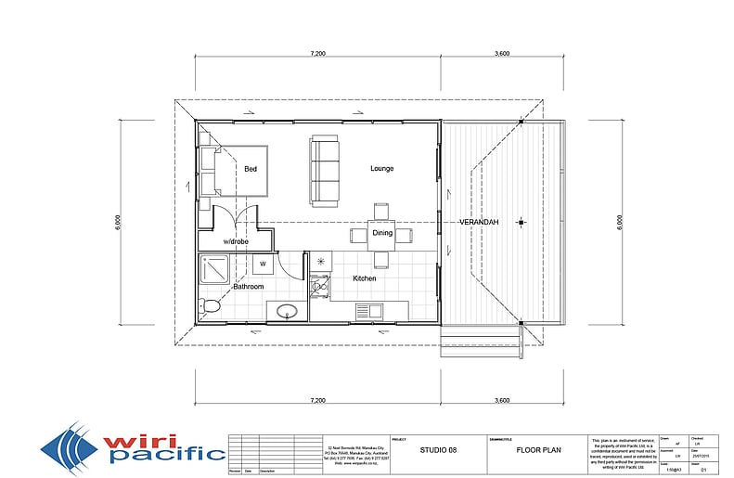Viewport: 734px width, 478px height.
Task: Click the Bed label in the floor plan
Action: pos(251,170)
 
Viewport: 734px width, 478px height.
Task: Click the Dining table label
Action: pos(382,233)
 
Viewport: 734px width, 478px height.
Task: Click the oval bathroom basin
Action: pos(288,310)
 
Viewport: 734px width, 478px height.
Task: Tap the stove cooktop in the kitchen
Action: pos(319,287)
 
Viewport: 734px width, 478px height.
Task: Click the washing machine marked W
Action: pos(263,264)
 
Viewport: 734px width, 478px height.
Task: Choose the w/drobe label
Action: pos(235,242)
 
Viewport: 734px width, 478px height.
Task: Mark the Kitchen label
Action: pos(364,278)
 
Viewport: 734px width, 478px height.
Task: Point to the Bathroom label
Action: pos(249,287)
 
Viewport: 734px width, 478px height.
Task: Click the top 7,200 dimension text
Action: pos(315,54)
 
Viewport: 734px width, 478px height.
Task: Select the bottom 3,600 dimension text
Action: pos(502,401)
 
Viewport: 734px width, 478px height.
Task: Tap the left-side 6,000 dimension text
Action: pos(119,223)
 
